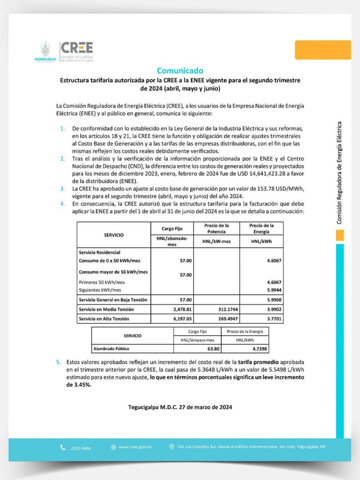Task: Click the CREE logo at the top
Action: click(77, 48)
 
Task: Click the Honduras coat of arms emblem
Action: click(45, 50)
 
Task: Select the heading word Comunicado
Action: click(180, 70)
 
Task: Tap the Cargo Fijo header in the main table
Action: click(172, 228)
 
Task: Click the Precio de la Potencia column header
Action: click(216, 228)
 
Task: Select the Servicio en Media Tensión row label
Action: click(106, 309)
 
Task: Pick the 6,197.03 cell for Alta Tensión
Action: click(183, 319)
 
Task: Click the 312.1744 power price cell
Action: click(228, 309)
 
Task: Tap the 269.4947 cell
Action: click(228, 319)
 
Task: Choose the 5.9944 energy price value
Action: click(274, 290)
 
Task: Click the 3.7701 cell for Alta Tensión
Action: click(274, 319)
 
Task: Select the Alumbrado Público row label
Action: click(111, 349)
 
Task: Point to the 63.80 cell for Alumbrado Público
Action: click(213, 349)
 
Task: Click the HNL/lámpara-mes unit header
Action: click(197, 340)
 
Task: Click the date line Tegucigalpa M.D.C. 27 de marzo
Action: click(180, 407)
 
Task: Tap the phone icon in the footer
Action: click(63, 448)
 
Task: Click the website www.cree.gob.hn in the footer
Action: click(135, 447)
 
